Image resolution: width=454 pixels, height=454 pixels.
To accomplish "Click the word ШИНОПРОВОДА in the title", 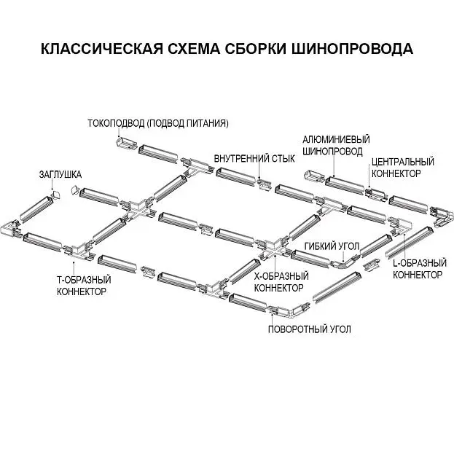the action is coord(352,49).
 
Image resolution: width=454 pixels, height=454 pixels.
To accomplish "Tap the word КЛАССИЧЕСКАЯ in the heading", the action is coord(101,49).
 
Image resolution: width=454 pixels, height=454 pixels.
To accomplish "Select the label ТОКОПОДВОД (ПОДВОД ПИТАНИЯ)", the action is coord(158,124).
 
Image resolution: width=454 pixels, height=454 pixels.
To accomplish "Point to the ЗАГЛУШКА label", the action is coord(60,175).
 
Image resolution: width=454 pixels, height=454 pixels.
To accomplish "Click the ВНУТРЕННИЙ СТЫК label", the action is coord(254,159).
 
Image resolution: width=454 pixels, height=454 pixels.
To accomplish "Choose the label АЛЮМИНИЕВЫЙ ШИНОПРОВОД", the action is coord(336,145).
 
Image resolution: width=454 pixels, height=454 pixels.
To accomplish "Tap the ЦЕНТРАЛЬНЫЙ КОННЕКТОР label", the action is coord(403,168).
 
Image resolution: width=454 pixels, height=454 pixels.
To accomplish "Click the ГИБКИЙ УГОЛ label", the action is coord(332,246).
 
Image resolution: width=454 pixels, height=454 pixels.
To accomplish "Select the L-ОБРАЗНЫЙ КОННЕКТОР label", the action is coord(420,269).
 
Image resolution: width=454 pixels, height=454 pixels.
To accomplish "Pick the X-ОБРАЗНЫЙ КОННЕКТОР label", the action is coord(281,282).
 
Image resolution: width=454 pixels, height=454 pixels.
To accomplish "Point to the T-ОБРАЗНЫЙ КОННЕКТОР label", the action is coord(84,286).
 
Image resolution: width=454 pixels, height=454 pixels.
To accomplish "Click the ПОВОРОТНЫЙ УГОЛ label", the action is coord(310,329).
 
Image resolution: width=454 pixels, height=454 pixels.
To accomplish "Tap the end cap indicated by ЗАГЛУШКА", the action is coord(55,195).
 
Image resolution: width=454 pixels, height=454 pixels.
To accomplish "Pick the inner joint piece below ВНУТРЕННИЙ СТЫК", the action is coord(263,184).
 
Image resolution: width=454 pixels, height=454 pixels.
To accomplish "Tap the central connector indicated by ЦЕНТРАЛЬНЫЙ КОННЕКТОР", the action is coord(375,195).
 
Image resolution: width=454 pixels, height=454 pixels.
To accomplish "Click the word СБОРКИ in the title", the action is coord(255,49).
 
